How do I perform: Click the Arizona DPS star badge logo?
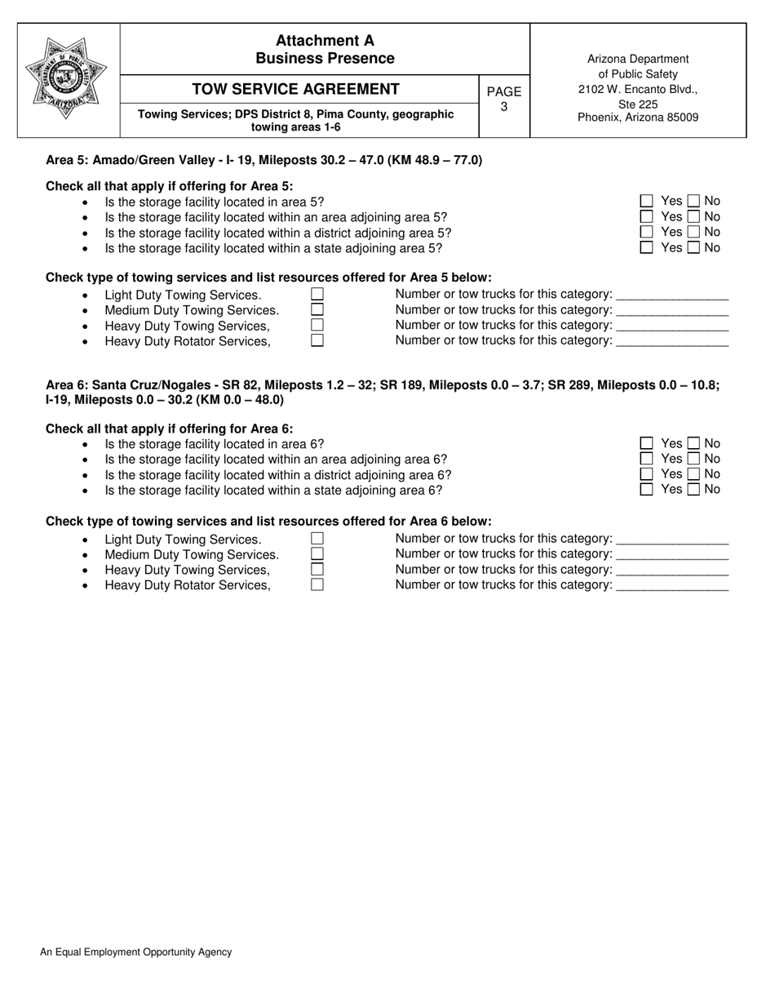coord(69,78)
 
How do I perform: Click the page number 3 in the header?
coord(503,106)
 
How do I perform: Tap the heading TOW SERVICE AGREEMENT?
coord(295,89)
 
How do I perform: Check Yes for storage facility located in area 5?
coord(647,201)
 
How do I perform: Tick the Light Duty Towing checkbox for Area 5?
coord(317,294)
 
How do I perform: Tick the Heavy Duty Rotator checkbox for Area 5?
coord(317,340)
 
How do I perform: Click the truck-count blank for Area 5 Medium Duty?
coord(672,310)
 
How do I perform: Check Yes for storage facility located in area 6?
coord(647,443)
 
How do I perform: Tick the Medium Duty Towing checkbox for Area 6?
coord(317,554)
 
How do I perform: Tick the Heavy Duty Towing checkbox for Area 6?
coord(317,570)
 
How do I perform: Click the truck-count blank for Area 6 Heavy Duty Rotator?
coord(672,585)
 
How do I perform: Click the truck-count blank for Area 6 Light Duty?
coord(672,539)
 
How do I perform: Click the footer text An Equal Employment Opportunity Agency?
coord(135,952)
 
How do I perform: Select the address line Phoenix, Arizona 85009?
coord(638,118)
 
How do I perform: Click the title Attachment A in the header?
coord(325,41)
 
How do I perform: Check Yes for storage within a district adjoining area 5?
coord(647,232)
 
